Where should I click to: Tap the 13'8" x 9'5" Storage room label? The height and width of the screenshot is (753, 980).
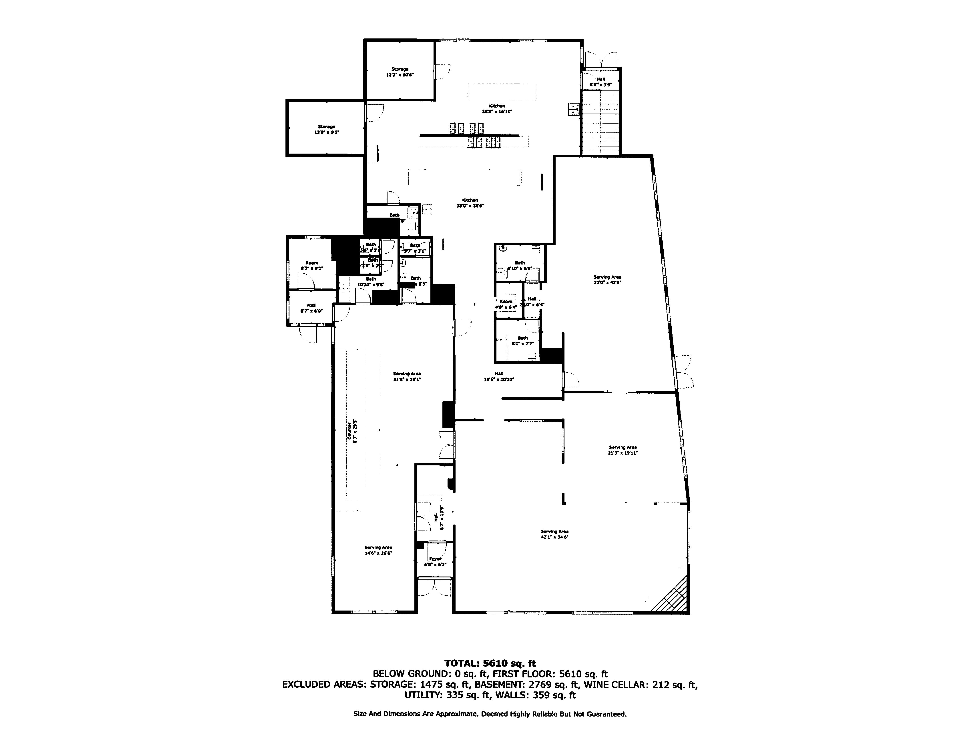click(x=326, y=130)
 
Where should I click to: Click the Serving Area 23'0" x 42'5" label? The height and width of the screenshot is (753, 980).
click(x=607, y=280)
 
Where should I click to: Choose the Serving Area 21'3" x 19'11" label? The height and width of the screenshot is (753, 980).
click(x=623, y=450)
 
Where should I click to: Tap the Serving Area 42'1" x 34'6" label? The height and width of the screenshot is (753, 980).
click(x=554, y=534)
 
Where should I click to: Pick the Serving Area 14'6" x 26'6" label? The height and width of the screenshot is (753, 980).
click(x=378, y=550)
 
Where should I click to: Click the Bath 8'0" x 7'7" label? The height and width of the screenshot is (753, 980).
click(x=522, y=341)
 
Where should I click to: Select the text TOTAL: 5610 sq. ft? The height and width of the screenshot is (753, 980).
click(x=490, y=663)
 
